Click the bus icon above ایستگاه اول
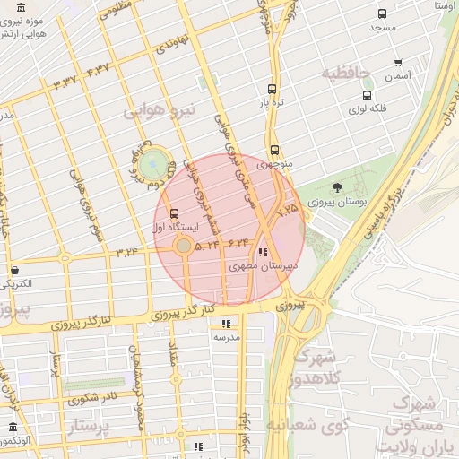tap(173, 214)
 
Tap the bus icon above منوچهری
tap(273, 151)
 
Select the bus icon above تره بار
tap(272, 90)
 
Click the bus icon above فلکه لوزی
tap(367, 95)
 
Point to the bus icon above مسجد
tap(383, 14)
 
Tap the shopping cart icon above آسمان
tap(398, 63)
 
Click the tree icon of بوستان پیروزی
tap(337, 187)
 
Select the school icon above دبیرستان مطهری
tap(262, 253)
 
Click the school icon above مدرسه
tap(226, 323)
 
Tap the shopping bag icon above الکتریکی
tap(14, 270)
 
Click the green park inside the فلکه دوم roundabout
tap(153, 164)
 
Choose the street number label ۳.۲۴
tap(126, 252)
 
